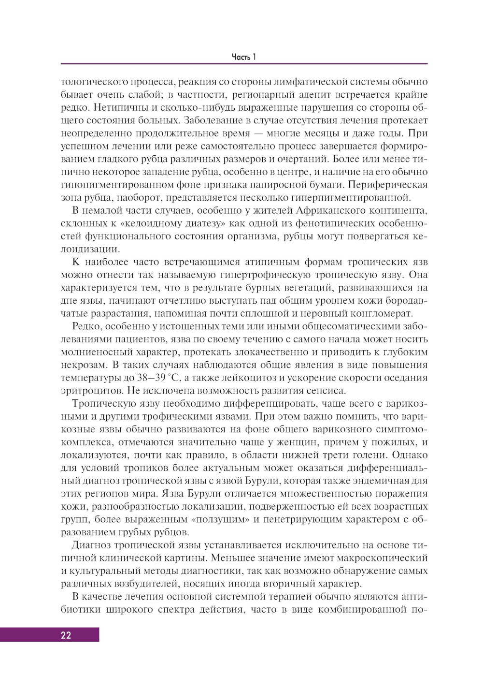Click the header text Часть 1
point(243,57)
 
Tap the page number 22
point(66,635)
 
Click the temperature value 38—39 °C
point(153,378)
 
